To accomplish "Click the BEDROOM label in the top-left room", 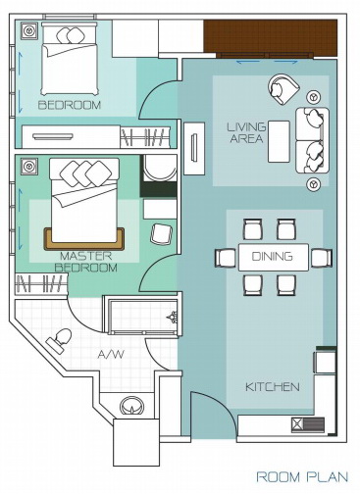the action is click(70, 105).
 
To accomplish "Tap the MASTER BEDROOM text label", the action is click(85, 262).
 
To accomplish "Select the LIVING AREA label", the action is click(246, 132).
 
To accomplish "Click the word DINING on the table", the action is click(272, 257).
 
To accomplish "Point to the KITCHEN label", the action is click(273, 387).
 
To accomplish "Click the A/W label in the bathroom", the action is click(111, 354).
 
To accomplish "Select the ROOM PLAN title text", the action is click(302, 476).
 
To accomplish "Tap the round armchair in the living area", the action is click(283, 89).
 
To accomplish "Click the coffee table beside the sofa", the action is click(279, 141).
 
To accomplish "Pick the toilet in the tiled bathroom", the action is click(60, 340).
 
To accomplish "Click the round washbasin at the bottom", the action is click(131, 406).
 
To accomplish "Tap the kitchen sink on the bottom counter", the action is click(308, 424).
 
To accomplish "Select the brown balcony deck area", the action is click(271, 36).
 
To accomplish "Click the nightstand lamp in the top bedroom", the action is click(29, 31).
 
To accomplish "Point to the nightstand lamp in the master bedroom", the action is click(28, 166).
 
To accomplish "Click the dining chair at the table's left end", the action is click(226, 257).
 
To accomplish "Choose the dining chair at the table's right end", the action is click(322, 258).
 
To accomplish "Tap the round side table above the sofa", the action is click(314, 97).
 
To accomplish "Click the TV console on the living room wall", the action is click(194, 148).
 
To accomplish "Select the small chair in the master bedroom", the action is click(161, 234).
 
